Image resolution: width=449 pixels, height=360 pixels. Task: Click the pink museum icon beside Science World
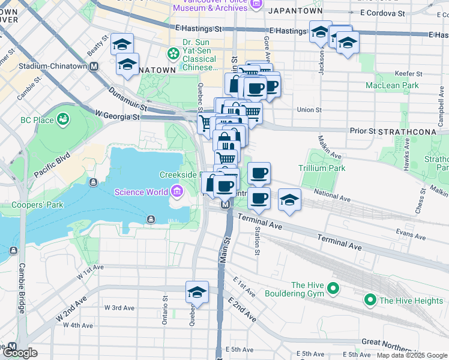pyautogui.click(x=177, y=192)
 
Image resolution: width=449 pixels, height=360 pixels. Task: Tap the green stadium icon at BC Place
pyautogui.click(x=62, y=120)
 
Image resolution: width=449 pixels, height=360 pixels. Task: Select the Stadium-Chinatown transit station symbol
pyautogui.click(x=94, y=67)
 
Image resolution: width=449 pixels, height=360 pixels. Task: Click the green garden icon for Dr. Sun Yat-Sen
pyautogui.click(x=173, y=54)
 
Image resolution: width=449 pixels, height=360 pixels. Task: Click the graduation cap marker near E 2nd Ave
pyautogui.click(x=197, y=292)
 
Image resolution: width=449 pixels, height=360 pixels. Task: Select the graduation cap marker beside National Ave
pyautogui.click(x=289, y=201)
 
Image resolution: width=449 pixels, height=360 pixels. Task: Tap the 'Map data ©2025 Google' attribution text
pyautogui.click(x=411, y=355)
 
